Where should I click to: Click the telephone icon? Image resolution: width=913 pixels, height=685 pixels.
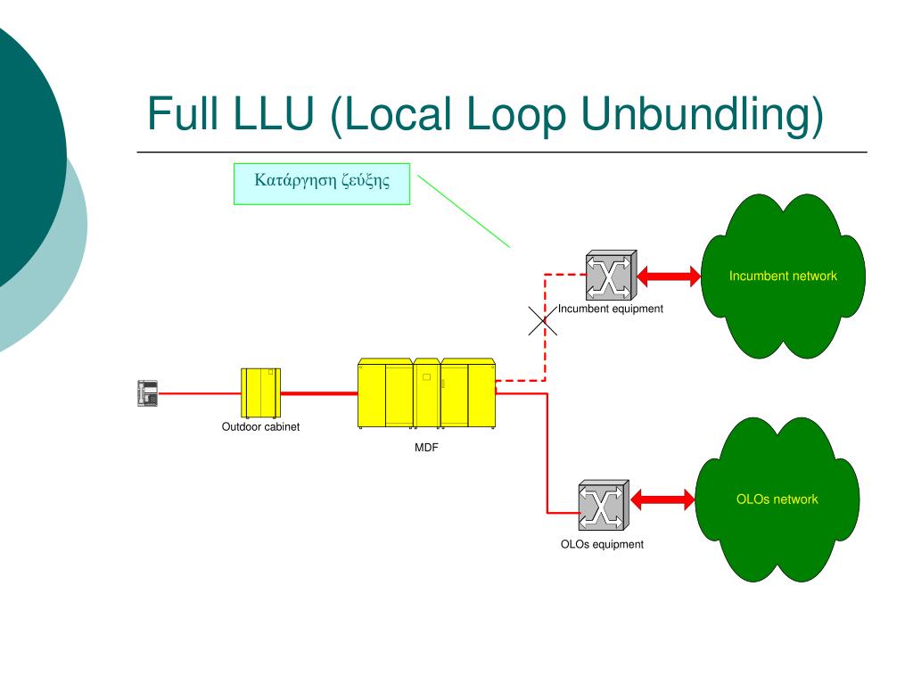point(147,393)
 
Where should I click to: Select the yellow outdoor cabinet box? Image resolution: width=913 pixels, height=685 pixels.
point(261,392)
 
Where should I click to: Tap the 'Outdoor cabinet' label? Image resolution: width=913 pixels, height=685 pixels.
point(260,427)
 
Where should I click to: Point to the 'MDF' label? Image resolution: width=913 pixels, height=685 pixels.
point(426,448)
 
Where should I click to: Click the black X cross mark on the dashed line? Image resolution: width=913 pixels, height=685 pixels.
point(543,321)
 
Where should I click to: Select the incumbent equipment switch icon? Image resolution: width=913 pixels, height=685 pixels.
point(611,276)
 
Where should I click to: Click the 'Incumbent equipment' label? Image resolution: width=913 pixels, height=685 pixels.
point(610,309)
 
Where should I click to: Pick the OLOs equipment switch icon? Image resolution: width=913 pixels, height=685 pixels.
point(604,505)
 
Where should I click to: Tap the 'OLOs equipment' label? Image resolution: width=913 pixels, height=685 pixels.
point(602,544)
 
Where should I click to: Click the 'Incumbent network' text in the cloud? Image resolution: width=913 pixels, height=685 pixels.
point(783,276)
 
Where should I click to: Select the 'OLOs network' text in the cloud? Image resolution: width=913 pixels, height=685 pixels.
point(777,499)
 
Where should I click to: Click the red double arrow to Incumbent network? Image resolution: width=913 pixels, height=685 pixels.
point(669,276)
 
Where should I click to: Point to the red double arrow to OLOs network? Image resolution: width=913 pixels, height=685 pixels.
point(662,499)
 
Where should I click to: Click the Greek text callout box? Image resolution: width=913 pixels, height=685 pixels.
point(322,184)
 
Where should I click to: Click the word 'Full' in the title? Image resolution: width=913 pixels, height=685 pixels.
point(184,112)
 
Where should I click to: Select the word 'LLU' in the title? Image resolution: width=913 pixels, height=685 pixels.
point(274,112)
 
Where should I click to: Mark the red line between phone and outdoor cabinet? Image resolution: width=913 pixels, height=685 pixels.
point(200,393)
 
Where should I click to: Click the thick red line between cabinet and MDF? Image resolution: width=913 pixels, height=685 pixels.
point(319,393)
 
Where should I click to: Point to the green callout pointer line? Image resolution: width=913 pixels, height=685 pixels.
point(464,211)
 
